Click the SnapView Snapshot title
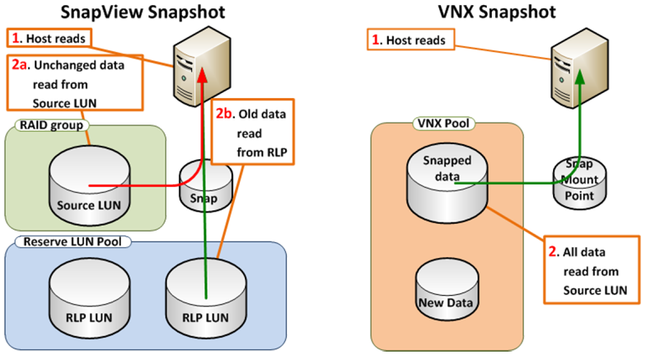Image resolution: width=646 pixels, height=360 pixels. (143, 12)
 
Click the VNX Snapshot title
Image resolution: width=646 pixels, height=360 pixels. (497, 12)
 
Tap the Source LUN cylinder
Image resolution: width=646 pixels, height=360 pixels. (89, 185)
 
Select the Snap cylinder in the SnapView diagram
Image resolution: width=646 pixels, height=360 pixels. (206, 186)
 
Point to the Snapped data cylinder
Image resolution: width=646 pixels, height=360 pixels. (447, 183)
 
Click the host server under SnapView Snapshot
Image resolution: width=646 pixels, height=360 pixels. (202, 66)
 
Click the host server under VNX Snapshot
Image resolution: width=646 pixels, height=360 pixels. (580, 68)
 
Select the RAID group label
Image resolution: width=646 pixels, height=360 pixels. (51, 125)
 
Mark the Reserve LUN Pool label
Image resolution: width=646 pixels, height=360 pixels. (73, 241)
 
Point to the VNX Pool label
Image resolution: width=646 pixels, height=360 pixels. (443, 124)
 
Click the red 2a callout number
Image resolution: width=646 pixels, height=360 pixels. (20, 64)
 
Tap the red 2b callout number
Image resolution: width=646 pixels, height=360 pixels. (224, 114)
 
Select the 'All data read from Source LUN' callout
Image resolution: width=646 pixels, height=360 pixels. (592, 270)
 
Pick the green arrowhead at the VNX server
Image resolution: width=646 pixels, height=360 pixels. (580, 77)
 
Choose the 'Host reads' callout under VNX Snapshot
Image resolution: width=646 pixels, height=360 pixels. (410, 40)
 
